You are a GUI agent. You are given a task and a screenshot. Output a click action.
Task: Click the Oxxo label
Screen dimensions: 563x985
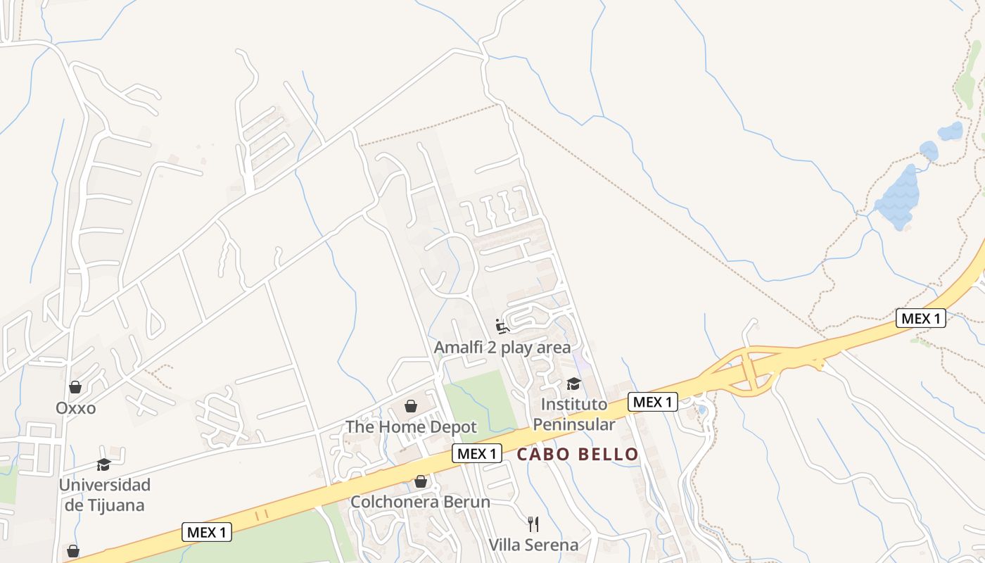[75, 408]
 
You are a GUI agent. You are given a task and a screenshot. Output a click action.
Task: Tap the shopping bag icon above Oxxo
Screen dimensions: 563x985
[75, 387]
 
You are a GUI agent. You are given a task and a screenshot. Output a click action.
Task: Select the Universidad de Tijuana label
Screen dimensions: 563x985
[104, 495]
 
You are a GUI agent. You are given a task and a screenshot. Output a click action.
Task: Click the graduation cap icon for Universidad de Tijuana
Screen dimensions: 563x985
[104, 464]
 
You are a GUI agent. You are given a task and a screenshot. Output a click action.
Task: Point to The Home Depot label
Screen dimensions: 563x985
[411, 427]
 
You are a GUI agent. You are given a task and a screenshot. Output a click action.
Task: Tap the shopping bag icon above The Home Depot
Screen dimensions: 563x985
[411, 406]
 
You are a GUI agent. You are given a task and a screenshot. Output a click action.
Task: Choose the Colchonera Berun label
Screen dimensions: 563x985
[420, 502]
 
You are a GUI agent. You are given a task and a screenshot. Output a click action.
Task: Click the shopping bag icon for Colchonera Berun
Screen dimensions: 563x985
[420, 481]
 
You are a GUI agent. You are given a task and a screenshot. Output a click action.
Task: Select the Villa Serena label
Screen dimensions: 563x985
[533, 545]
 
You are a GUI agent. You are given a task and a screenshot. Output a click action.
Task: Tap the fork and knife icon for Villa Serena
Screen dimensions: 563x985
[533, 524]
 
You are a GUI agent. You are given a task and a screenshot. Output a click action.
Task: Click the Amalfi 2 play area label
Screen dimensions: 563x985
[502, 348]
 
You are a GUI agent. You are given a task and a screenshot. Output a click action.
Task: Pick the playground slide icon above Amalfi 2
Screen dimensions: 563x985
[502, 326]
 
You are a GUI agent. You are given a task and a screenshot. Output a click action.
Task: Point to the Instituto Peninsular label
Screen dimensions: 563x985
[573, 415]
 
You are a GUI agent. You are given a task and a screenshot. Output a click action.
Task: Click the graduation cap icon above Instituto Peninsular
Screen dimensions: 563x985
[573, 384]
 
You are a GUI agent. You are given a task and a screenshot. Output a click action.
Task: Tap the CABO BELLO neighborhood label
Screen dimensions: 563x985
[578, 454]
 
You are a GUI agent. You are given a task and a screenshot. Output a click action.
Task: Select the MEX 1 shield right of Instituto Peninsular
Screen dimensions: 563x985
[652, 402]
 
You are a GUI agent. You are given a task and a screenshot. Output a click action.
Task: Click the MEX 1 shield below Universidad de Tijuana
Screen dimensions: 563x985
[207, 532]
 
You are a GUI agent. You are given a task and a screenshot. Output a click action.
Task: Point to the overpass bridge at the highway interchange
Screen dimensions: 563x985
[750, 367]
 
